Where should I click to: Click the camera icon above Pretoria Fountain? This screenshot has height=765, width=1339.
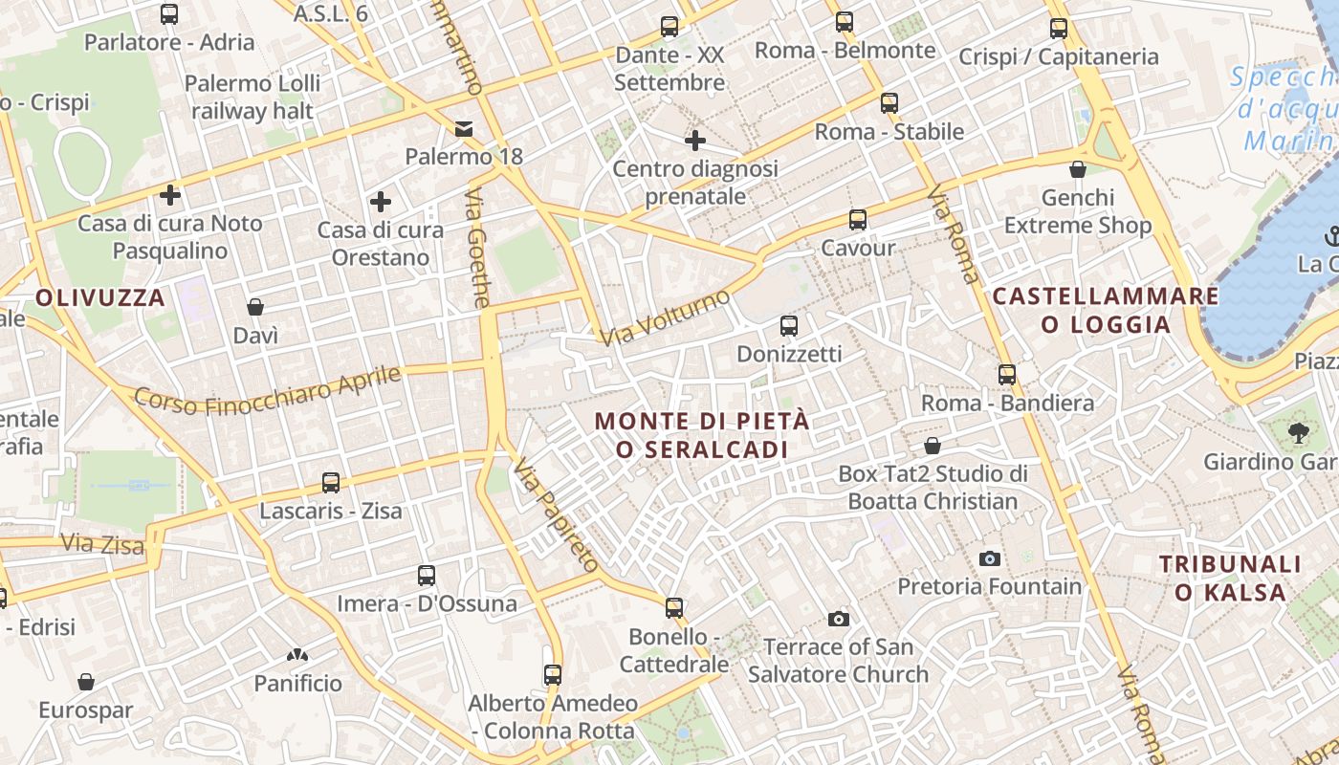click(990, 558)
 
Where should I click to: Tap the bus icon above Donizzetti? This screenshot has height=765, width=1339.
click(789, 326)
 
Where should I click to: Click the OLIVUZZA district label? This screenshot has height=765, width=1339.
click(100, 297)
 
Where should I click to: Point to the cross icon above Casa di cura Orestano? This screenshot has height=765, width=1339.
click(381, 202)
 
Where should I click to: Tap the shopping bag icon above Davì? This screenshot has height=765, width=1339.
click(255, 307)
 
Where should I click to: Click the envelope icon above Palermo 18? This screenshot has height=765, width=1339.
click(464, 128)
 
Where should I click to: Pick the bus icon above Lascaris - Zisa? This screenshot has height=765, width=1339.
click(331, 483)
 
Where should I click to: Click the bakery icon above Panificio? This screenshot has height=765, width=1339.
click(297, 656)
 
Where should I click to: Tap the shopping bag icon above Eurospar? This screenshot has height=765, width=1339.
click(86, 683)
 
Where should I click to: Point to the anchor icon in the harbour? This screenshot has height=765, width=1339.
click(1330, 235)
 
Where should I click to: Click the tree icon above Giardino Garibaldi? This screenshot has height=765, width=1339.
click(1298, 433)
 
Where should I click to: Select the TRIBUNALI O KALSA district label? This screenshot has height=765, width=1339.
click(1231, 579)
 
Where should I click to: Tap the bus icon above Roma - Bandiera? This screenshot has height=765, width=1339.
click(1007, 375)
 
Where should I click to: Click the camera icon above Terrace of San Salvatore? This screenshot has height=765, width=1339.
click(839, 620)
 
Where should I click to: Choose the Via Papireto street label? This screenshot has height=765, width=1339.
click(556, 516)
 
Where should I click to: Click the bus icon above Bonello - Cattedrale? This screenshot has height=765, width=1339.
click(674, 608)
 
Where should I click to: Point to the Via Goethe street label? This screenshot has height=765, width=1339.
click(477, 249)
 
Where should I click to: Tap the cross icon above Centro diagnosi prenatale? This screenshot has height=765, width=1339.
click(695, 142)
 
